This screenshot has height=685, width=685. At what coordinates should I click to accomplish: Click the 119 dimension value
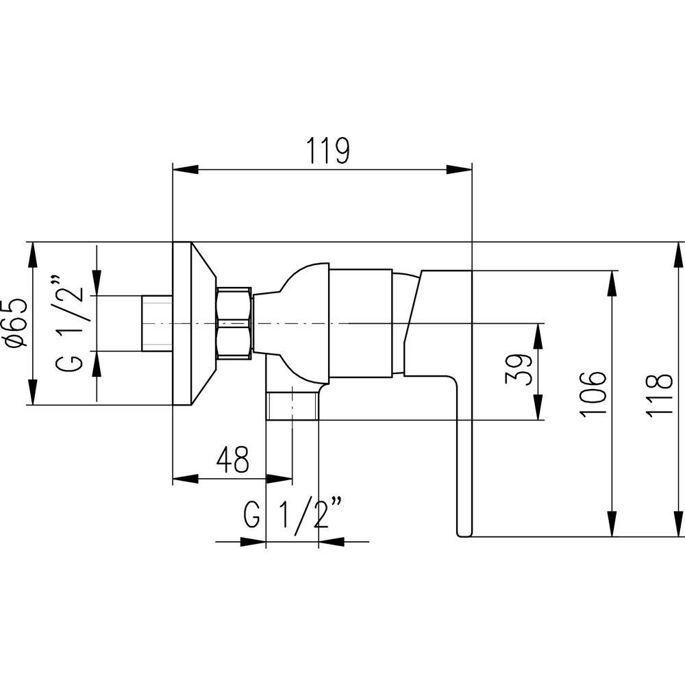point(328,150)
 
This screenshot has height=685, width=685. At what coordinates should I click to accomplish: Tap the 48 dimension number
point(233,459)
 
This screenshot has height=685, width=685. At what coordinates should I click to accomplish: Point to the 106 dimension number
point(593,395)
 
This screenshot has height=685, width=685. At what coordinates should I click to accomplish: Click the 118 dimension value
point(659,396)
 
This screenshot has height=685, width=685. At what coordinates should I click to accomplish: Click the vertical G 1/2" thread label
point(69,323)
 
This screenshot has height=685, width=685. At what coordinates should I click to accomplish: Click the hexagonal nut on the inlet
point(234,324)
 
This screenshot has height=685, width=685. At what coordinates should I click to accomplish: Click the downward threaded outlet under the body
point(292,406)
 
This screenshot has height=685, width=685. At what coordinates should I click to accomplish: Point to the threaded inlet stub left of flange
point(158,324)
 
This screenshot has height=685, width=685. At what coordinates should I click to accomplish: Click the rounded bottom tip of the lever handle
point(464,534)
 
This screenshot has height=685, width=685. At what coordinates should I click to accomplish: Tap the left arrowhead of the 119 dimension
point(186,169)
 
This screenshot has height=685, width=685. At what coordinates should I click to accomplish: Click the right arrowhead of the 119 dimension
point(460,169)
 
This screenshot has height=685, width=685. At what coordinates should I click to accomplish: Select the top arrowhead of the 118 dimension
point(680,255)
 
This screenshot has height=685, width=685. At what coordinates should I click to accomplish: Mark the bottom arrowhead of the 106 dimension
point(613,523)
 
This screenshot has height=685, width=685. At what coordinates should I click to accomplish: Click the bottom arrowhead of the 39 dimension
point(538,408)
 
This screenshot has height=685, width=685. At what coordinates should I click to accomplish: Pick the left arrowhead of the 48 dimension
point(186,480)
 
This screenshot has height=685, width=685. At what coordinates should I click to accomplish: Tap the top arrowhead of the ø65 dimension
point(32,255)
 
